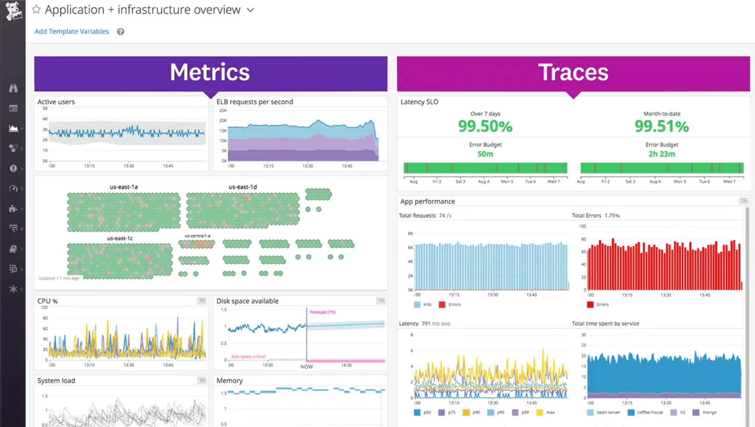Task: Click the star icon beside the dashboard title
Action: click(x=36, y=9)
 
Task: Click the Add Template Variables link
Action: click(x=72, y=31)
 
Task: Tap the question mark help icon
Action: click(x=120, y=31)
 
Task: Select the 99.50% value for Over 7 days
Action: click(x=485, y=127)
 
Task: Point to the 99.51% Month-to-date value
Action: click(x=662, y=127)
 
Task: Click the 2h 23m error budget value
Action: click(x=662, y=154)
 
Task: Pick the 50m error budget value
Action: click(x=485, y=154)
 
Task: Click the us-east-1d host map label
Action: click(x=242, y=187)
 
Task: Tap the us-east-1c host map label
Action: click(x=120, y=238)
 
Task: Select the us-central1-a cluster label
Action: click(x=197, y=236)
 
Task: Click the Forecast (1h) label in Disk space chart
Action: click(x=322, y=312)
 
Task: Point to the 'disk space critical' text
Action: click(x=248, y=356)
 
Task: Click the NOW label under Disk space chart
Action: click(x=307, y=367)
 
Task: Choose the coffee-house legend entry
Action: click(x=649, y=412)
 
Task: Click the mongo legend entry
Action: click(x=709, y=412)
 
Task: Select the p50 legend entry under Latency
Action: click(x=427, y=412)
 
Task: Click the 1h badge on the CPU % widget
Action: click(x=202, y=300)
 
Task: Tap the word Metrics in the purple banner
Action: click(x=210, y=72)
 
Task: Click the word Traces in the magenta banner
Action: click(x=573, y=72)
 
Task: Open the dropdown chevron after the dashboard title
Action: click(x=250, y=10)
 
